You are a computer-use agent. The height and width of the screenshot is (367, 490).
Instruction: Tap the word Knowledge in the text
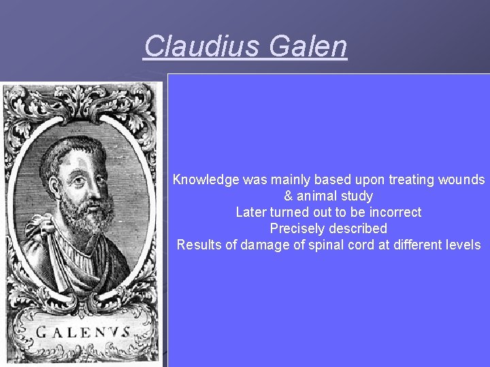coord(206,180)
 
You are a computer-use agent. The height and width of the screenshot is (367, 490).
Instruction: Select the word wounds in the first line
coord(463,180)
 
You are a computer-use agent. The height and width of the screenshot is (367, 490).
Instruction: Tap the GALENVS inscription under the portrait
coord(84,334)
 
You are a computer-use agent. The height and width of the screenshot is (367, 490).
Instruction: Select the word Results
coord(197,245)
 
